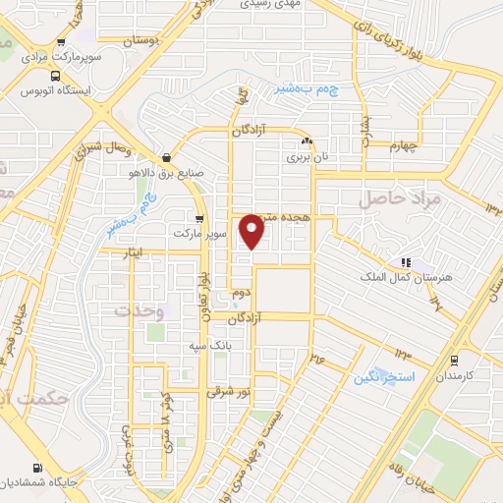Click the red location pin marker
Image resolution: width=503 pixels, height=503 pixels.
tap(254, 231)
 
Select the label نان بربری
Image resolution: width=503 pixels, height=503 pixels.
tap(304, 156)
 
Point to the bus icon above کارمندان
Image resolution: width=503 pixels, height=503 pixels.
tap(454, 360)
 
